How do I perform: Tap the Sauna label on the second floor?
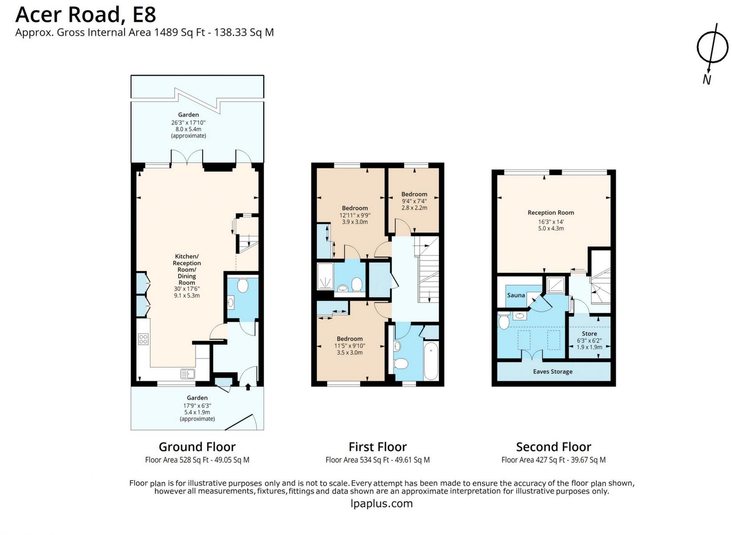tap(516, 295)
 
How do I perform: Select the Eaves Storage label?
tap(552, 371)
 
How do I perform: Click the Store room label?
tap(589, 334)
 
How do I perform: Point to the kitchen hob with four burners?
tap(143, 339)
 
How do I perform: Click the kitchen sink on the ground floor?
tap(188, 374)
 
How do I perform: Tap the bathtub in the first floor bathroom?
tap(431, 360)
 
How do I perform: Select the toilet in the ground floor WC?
tap(243, 285)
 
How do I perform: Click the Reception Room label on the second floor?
tap(551, 213)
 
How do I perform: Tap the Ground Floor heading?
tap(197, 447)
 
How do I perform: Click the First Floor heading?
tap(377, 447)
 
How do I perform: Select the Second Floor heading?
tap(554, 447)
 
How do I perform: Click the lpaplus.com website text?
tap(381, 504)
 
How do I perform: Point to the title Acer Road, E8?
tap(86, 14)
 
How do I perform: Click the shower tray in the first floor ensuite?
tap(325, 276)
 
